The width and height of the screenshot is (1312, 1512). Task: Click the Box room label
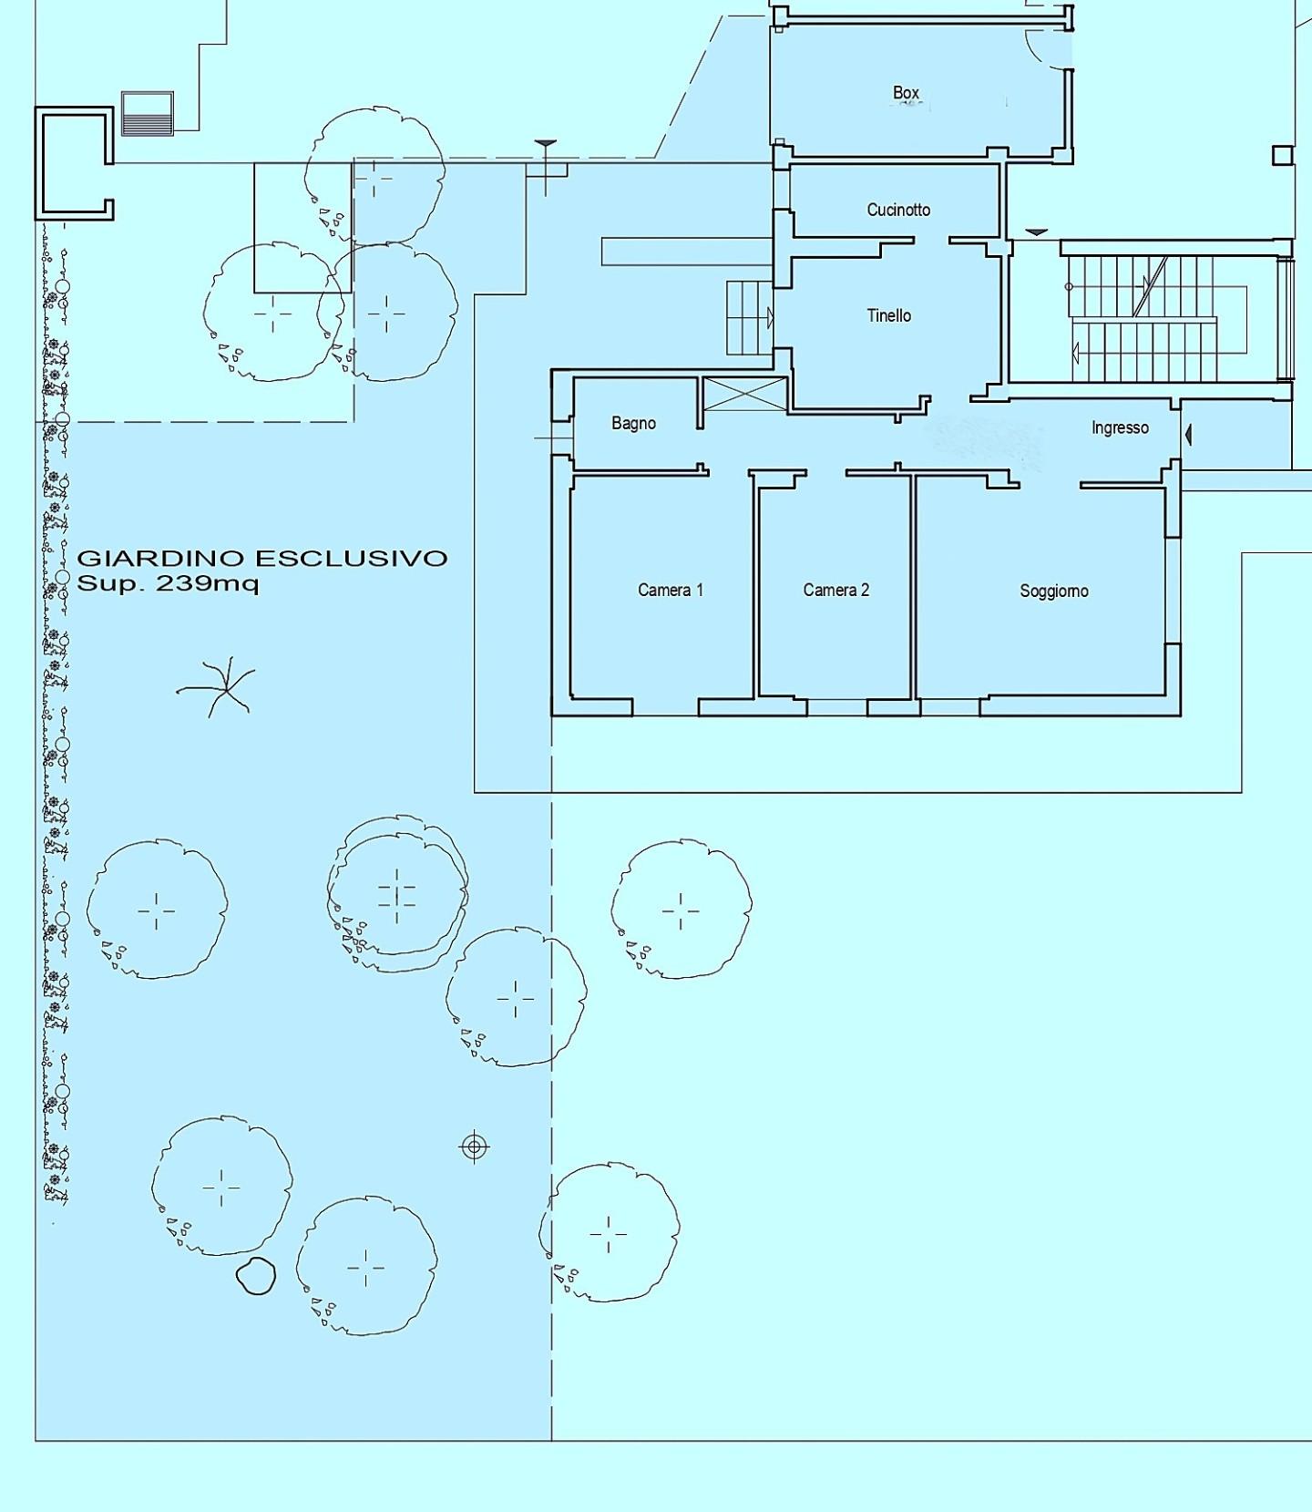906,93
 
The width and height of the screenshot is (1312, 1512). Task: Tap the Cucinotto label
898,210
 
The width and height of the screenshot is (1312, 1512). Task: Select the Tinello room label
888,315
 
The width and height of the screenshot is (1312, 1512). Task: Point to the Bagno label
633,423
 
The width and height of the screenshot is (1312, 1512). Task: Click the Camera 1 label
671,590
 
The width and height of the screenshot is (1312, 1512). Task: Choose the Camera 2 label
836,590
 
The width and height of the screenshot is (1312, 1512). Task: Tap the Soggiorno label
1054,591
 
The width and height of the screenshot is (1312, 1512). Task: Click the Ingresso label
1120,427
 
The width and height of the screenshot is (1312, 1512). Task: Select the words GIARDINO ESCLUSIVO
262,558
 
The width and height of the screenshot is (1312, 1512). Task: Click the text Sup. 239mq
168,583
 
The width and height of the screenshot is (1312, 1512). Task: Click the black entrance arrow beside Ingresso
1188,436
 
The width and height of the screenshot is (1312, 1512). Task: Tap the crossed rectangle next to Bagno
745,394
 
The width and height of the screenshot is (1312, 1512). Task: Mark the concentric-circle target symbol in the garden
474,1147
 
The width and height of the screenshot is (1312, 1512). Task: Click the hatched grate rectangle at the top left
148,113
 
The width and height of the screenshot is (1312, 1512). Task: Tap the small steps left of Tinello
749,318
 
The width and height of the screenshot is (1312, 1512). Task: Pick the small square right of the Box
1283,155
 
